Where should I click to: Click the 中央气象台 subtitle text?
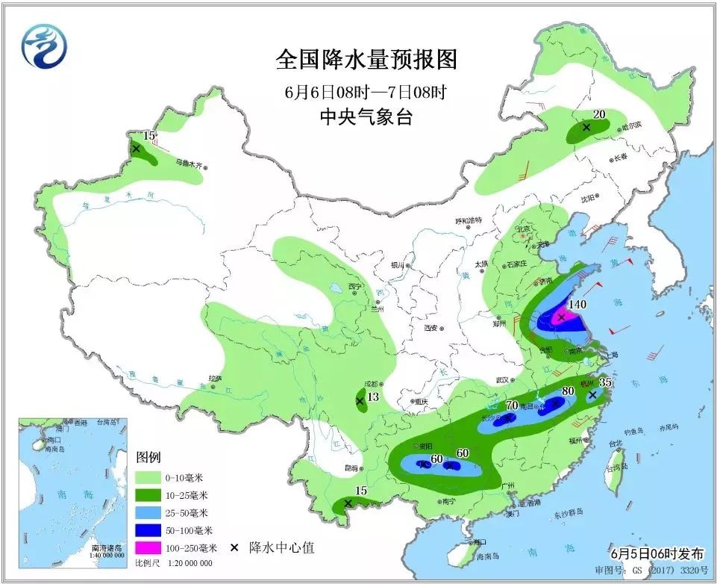[x=366, y=117]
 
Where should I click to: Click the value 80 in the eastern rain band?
[x=568, y=391]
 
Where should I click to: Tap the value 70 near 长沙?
[x=512, y=406]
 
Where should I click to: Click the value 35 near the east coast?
[x=607, y=383]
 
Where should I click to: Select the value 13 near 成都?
[x=374, y=397]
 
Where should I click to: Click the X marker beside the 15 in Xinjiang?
[x=136, y=149]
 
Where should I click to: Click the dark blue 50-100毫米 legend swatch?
[x=148, y=530]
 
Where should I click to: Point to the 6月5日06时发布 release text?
[x=657, y=554]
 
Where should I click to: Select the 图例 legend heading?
[x=148, y=457]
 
